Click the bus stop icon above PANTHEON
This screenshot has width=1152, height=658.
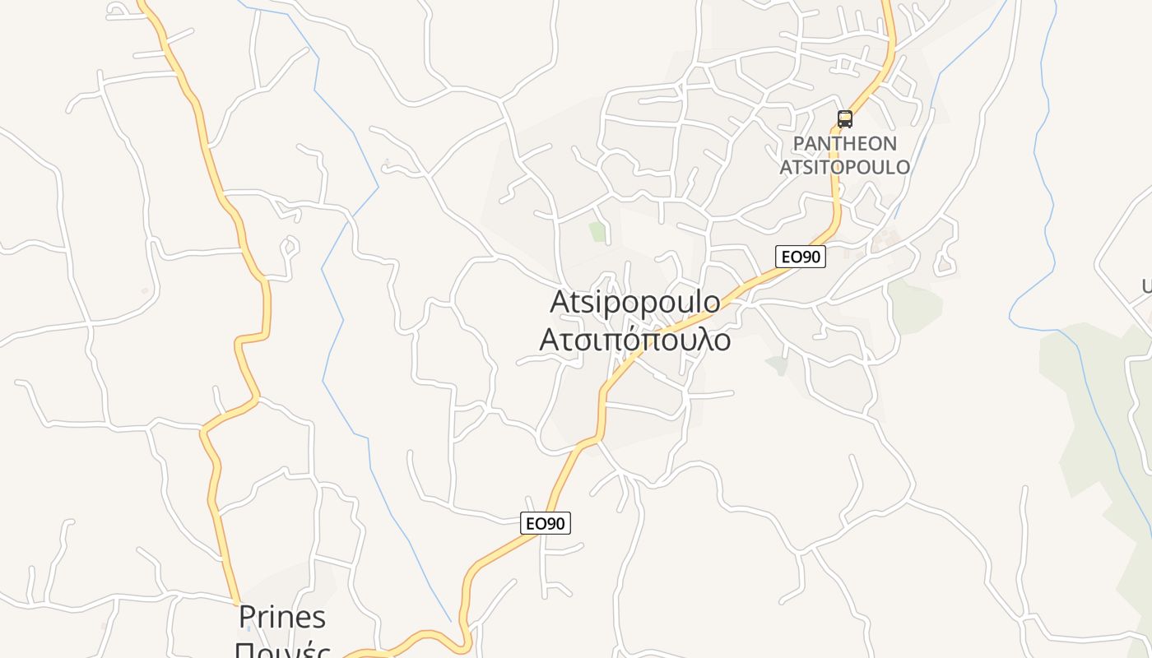point(845,119)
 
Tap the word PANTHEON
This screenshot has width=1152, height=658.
point(844,144)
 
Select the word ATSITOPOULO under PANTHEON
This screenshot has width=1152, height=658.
point(844,167)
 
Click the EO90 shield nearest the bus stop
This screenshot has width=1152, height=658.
point(801,257)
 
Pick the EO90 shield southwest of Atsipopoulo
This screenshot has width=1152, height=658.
point(546,523)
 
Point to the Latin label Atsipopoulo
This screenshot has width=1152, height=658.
point(634,302)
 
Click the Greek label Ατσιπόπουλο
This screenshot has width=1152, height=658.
point(634,338)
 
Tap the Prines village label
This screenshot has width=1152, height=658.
point(282,617)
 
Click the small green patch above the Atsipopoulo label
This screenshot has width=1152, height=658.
point(597,232)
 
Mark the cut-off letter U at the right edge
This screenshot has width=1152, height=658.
point(1146,286)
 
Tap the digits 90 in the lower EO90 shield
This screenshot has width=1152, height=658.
point(556,523)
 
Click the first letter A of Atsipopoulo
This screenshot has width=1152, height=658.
point(560,302)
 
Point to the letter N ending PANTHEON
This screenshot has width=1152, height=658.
point(889,144)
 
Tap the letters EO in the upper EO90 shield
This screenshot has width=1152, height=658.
point(791,257)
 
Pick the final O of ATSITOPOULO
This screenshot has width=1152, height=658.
point(903,167)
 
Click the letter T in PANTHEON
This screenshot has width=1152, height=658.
point(837,144)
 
